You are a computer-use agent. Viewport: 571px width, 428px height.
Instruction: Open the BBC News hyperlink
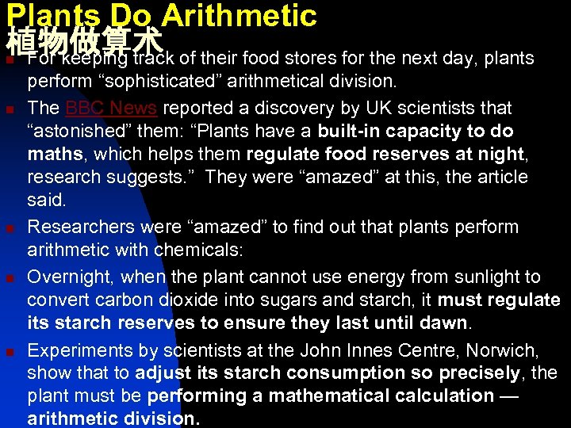point(111,107)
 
